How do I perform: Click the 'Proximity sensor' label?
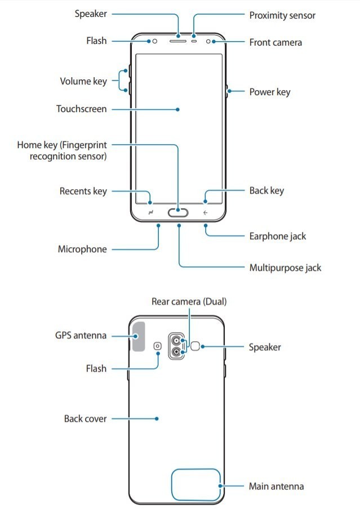(x=283, y=15)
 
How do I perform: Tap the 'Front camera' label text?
(x=275, y=42)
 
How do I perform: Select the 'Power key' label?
(x=270, y=91)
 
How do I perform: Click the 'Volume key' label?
(x=83, y=81)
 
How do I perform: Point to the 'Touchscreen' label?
(x=81, y=109)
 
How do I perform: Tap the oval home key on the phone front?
(x=179, y=213)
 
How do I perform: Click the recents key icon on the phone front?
(x=152, y=213)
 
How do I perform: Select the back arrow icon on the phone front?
(x=206, y=213)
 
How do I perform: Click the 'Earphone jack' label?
(x=278, y=236)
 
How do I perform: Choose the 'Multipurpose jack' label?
(x=285, y=267)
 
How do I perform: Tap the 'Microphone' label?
(x=82, y=249)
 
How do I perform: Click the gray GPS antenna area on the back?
(x=138, y=336)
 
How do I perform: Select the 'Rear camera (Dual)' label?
(x=189, y=302)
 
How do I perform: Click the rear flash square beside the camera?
(x=157, y=347)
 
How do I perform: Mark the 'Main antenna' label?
(x=277, y=486)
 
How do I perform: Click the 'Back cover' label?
(x=85, y=419)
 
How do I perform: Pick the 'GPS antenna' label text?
(x=81, y=336)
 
